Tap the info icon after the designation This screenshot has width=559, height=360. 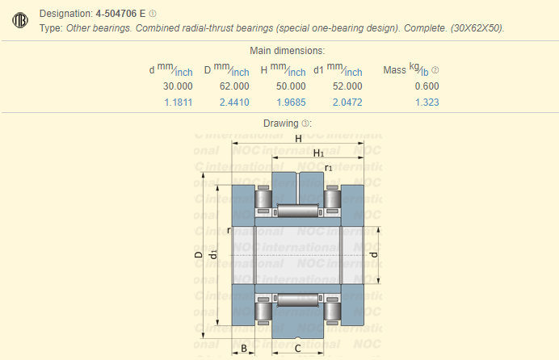(153, 13)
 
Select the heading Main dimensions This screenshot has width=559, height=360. (279, 50)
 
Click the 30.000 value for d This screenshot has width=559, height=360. (178, 86)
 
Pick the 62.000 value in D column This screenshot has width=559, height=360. (234, 86)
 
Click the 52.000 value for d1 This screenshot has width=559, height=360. (347, 86)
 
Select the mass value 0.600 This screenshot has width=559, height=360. (427, 86)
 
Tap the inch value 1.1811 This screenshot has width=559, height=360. (178, 103)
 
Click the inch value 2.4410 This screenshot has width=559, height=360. (234, 103)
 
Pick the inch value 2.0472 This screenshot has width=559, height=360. (347, 103)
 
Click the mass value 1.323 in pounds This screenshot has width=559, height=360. (427, 103)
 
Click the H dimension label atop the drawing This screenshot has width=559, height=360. (298, 139)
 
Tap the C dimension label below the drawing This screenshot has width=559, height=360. (298, 348)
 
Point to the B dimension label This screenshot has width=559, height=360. (244, 348)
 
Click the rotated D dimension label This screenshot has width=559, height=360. (199, 255)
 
